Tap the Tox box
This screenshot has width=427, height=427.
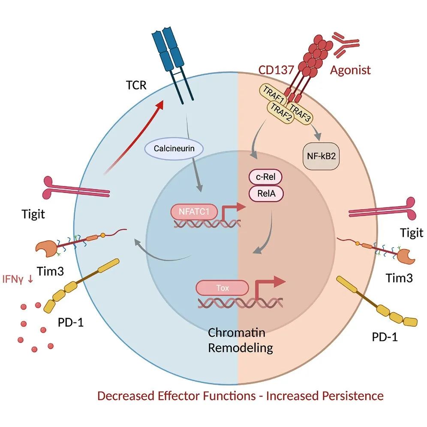point(222,288)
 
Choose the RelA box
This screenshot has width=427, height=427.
point(266,194)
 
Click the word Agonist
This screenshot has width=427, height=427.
point(350,70)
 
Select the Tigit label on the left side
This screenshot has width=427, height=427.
point(33,213)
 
